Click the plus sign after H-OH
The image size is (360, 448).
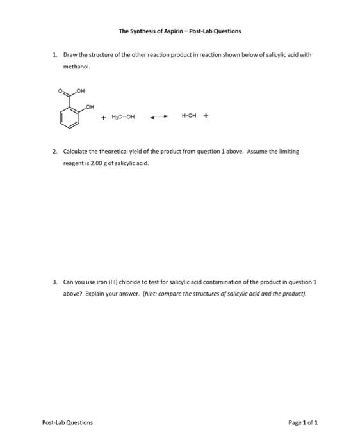coord(206,116)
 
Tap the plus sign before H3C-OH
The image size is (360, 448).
coord(103,117)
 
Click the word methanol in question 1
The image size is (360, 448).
coord(76,66)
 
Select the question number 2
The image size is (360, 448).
coord(55,152)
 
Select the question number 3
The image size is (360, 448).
coord(55,281)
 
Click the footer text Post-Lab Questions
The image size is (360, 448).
coord(67,422)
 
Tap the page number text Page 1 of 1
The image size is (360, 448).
coord(303,422)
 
